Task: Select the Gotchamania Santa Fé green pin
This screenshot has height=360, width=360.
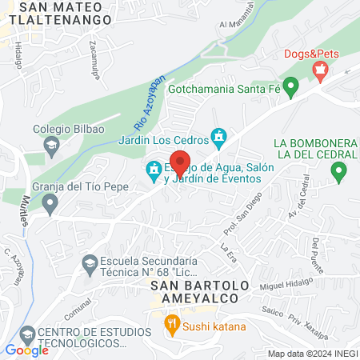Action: tap(292, 85)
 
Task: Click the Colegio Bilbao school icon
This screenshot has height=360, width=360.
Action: tap(52, 145)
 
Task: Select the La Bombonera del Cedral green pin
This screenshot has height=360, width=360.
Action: tap(338, 170)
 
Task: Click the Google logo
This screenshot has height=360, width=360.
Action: tap(27, 350)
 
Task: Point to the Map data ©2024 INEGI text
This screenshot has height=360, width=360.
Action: tap(311, 353)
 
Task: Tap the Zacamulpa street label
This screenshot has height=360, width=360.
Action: tap(94, 54)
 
